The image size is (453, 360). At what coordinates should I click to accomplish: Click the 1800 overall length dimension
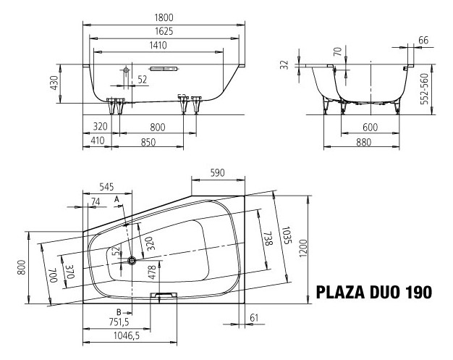pos(164,17)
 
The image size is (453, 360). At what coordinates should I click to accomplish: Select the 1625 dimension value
pos(164,31)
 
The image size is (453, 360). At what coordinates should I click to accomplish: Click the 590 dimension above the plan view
pos(219,173)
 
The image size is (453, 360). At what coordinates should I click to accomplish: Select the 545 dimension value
pos(106,186)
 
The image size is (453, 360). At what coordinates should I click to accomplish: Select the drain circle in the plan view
pos(132,260)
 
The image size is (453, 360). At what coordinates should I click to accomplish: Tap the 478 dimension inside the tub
pos(152,272)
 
